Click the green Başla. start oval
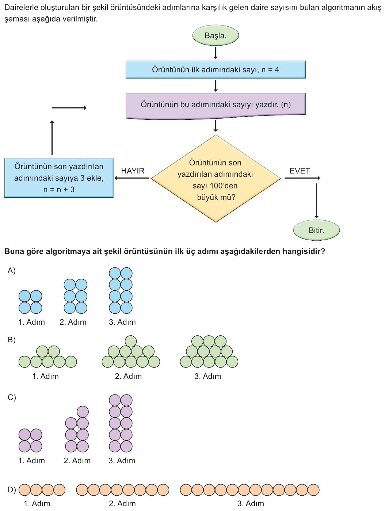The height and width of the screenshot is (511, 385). click(216, 35)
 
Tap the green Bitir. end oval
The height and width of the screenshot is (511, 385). click(316, 230)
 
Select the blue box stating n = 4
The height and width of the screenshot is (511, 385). click(216, 69)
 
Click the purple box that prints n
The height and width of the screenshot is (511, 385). click(216, 105)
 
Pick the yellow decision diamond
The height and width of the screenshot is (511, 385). click(216, 179)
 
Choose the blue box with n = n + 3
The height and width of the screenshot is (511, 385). click(59, 178)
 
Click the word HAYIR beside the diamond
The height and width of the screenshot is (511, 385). click(133, 171)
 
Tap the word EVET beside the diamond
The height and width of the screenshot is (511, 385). click(300, 171)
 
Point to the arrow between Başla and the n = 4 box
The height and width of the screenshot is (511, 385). click(216, 53)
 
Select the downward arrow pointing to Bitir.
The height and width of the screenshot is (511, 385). click(316, 201)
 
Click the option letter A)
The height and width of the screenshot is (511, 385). click(12, 271)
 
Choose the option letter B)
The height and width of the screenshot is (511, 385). click(12, 340)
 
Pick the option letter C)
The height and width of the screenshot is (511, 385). click(12, 397)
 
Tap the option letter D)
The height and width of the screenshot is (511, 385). click(12, 490)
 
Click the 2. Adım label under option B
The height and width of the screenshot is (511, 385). click(128, 376)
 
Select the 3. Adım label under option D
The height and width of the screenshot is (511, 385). click(251, 504)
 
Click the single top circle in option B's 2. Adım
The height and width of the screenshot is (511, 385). click(131, 341)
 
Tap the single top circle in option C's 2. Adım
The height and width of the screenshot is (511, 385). click(83, 412)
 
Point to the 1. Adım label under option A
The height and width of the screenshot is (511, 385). click(31, 322)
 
